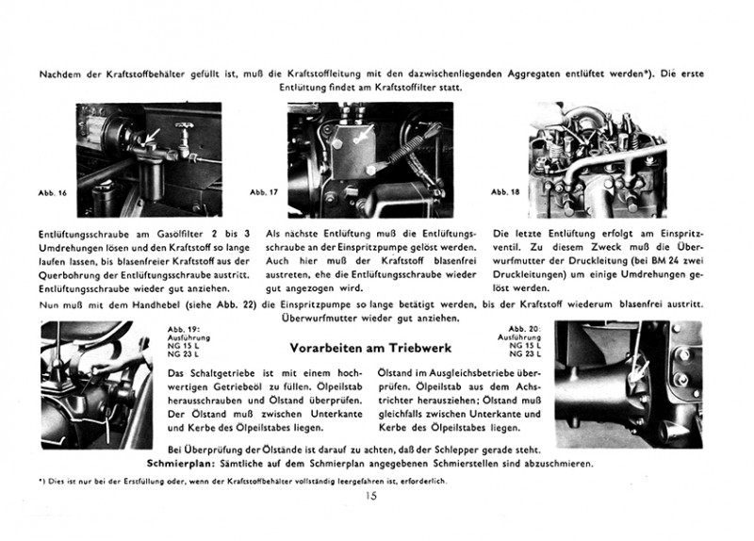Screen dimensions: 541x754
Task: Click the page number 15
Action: pyautogui.click(x=374, y=497)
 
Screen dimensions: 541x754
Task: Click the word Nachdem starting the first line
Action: pyautogui.click(x=56, y=73)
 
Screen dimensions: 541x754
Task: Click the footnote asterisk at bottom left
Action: pyautogui.click(x=41, y=482)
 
